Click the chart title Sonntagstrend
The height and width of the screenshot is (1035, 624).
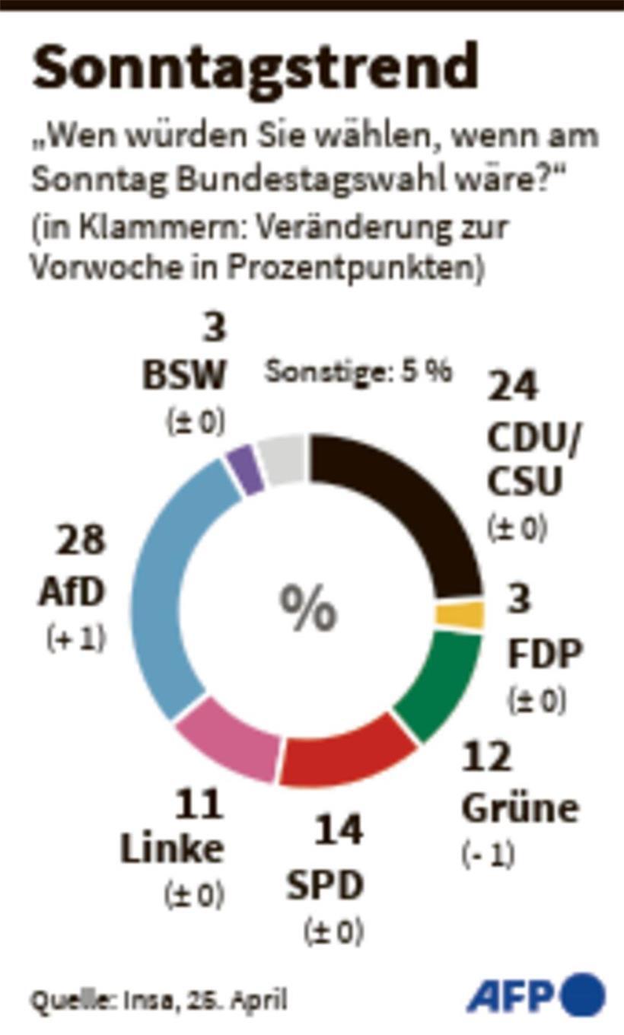click(x=255, y=68)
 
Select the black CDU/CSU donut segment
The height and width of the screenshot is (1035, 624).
click(x=411, y=502)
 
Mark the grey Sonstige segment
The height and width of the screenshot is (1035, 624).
click(x=282, y=460)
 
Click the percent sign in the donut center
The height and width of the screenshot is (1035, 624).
click(x=309, y=609)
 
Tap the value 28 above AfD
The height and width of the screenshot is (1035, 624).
click(x=79, y=541)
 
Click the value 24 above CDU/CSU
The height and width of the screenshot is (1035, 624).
click(x=513, y=387)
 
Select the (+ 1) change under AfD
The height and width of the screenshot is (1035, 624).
click(x=75, y=639)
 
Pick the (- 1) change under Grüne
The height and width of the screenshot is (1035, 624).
click(x=488, y=855)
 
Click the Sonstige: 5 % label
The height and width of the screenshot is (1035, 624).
click(x=358, y=373)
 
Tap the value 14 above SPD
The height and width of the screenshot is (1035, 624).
click(x=338, y=830)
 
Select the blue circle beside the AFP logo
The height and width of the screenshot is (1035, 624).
click(x=583, y=995)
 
